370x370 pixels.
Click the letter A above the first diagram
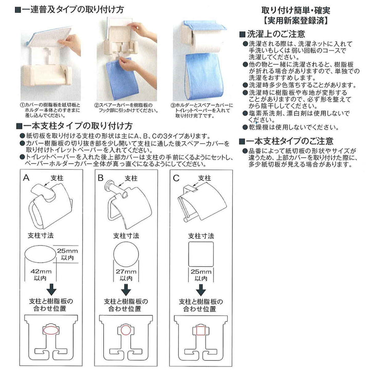[26, 178]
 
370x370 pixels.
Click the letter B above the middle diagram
[101, 178]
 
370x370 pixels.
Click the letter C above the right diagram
[177, 178]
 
